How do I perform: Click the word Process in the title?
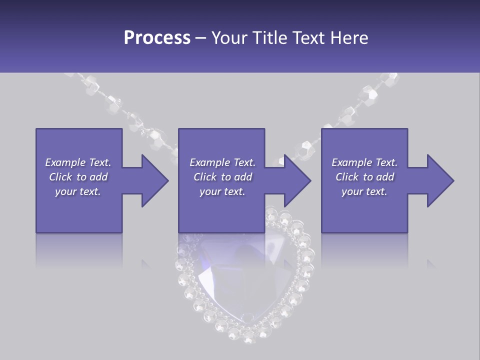157,38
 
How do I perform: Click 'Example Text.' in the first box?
78,162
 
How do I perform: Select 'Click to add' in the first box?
78,177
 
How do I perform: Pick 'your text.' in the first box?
78,191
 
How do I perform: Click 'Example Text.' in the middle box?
222,162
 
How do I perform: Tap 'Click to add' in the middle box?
222,177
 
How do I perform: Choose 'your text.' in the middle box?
222,191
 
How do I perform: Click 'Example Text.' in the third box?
364,162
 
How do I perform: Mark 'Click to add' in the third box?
364,177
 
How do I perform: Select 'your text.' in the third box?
364,191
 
